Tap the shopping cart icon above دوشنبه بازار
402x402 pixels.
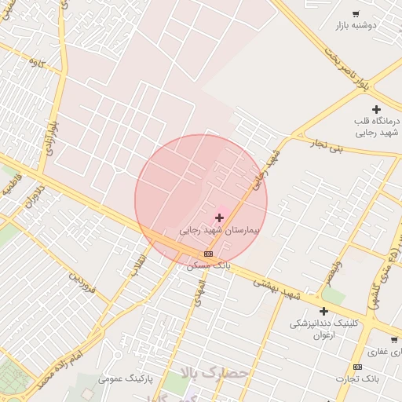coord(356,14)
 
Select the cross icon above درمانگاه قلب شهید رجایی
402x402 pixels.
coord(376,109)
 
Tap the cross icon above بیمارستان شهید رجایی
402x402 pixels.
coord(219,217)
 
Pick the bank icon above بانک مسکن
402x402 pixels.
coord(208,254)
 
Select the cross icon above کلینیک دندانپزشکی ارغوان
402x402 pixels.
coord(323,311)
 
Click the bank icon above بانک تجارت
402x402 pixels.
coord(357,367)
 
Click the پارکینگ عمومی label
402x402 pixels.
coord(126,378)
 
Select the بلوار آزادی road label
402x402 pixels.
coord(53,137)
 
